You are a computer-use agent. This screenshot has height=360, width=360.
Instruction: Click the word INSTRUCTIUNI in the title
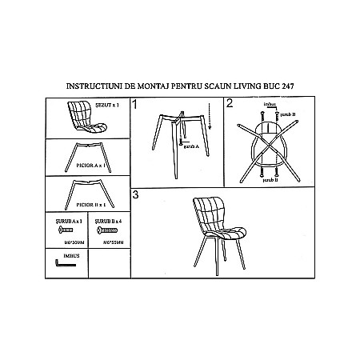click(89, 83)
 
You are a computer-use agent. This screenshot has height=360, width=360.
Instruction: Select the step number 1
click(135, 104)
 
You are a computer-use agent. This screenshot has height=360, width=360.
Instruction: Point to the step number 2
click(230, 103)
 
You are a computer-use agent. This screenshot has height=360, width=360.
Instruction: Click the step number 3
click(136, 194)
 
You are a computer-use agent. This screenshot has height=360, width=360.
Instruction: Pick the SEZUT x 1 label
click(106, 103)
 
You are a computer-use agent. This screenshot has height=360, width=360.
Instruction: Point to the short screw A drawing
click(65, 229)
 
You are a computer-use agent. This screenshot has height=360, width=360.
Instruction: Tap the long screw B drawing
click(107, 229)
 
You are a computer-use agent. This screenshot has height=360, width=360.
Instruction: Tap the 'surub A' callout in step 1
click(190, 148)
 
